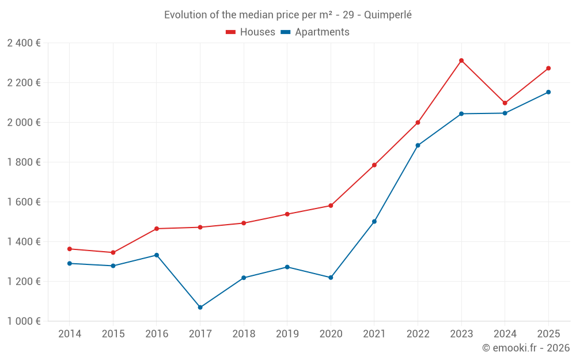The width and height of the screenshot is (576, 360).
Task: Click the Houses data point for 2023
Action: pyautogui.click(x=461, y=60)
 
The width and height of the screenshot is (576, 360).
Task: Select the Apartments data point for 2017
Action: pyautogui.click(x=200, y=308)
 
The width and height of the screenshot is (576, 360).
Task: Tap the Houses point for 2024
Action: pyautogui.click(x=505, y=103)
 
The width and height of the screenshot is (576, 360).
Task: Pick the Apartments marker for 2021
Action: pyautogui.click(x=374, y=222)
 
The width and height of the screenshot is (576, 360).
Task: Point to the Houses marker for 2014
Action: pyautogui.click(x=70, y=249)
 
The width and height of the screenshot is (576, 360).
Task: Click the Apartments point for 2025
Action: pyautogui.click(x=548, y=92)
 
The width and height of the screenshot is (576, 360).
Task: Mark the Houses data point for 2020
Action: pyautogui.click(x=331, y=206)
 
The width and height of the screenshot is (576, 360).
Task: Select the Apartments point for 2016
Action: pyautogui.click(x=157, y=255)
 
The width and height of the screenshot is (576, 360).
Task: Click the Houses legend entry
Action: pyautogui.click(x=251, y=32)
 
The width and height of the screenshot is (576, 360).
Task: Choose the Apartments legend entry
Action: pyautogui.click(x=315, y=32)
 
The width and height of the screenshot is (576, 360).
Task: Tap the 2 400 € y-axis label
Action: pyautogui.click(x=24, y=43)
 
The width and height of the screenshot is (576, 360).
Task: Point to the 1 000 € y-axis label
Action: pyautogui.click(x=24, y=321)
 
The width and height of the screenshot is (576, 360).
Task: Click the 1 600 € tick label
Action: pyautogui.click(x=24, y=202)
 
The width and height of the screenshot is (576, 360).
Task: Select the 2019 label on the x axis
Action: pyautogui.click(x=287, y=334)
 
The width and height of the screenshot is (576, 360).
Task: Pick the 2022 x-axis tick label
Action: pyautogui.click(x=418, y=334)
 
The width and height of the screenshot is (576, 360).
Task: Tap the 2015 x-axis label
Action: pyautogui.click(x=113, y=334)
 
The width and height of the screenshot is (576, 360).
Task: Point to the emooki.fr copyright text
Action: pyautogui.click(x=525, y=348)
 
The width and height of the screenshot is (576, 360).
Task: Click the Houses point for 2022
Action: pyautogui.click(x=418, y=123)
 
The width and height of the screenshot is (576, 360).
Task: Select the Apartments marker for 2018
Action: pyautogui.click(x=244, y=278)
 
